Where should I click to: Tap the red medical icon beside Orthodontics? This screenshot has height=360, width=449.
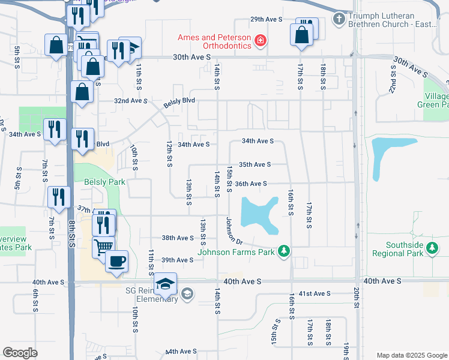[x=261, y=41]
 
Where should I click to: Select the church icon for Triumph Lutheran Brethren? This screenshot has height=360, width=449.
[x=339, y=19]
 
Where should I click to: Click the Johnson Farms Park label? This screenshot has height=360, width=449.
[x=237, y=251]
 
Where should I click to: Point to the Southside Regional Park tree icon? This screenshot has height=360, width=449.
[x=431, y=248]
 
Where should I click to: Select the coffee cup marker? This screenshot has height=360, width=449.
[x=116, y=261]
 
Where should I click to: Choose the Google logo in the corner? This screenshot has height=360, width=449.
[x=20, y=352]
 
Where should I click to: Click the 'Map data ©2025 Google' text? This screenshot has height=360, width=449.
[x=411, y=355]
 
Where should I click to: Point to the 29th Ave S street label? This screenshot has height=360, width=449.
[x=266, y=20]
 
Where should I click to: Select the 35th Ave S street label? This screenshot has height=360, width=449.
[x=255, y=164]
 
